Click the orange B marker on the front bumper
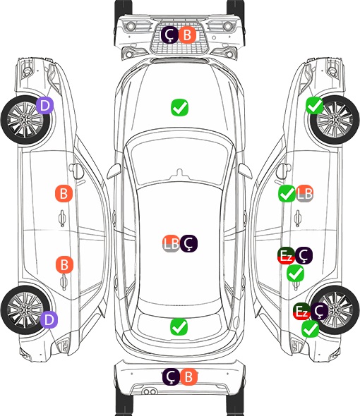coord(187,35)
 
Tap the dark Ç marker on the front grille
coord(170,35)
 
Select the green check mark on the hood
coord(179,107)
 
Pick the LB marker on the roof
coord(171,243)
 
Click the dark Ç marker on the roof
coord(188,243)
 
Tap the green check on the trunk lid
coord(179,326)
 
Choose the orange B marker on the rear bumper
coord(188,377)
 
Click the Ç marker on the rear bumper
coord(171,377)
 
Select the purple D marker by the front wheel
coord(45,105)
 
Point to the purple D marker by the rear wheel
coord(49,319)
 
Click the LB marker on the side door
coord(304,193)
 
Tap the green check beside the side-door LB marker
coord(287,194)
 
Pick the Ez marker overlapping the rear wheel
coord(301,311)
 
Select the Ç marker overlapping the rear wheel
coord(319,311)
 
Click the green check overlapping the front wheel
coord(315,106)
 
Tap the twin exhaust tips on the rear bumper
coord(150,391)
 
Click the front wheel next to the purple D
coord(26,120)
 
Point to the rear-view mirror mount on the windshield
coord(180,173)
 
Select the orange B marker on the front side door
coord(64,193)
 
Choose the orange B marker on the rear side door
coord(64,264)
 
